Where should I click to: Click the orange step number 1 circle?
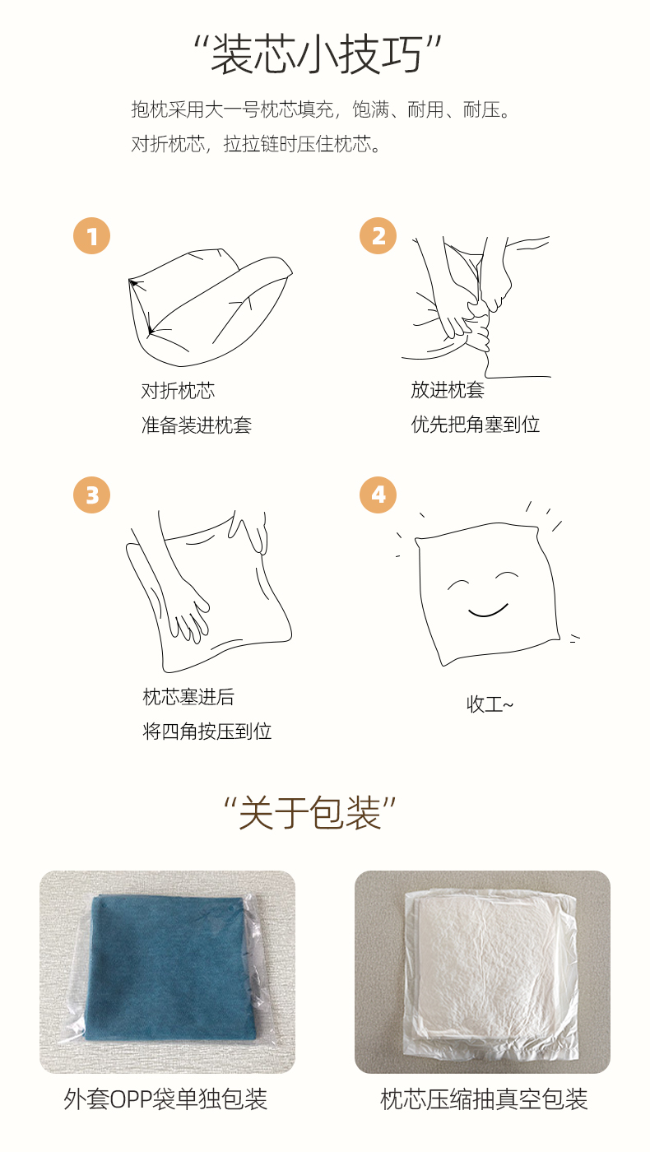91,236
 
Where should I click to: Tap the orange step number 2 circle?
378,236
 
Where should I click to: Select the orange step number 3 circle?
91,495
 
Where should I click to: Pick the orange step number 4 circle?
378,495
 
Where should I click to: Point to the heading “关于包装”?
310,813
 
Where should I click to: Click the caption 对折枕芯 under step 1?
178,391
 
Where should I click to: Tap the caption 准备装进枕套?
197,425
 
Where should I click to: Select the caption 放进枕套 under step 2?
448,390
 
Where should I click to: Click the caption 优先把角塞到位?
476,425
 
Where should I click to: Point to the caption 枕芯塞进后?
188,698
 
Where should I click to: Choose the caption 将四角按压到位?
207,732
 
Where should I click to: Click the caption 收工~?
490,704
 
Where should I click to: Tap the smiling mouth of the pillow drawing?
487,611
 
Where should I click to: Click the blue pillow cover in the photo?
174,969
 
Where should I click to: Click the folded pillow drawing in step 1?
208,308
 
